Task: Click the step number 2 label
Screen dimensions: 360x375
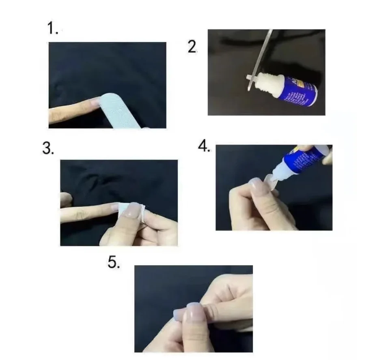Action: [x=192, y=47]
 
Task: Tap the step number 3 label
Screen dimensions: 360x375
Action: [x=48, y=149]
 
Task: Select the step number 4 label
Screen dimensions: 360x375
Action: [x=204, y=146]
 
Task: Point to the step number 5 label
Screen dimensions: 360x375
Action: [x=114, y=262]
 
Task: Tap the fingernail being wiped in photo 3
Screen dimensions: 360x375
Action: [x=132, y=210]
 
